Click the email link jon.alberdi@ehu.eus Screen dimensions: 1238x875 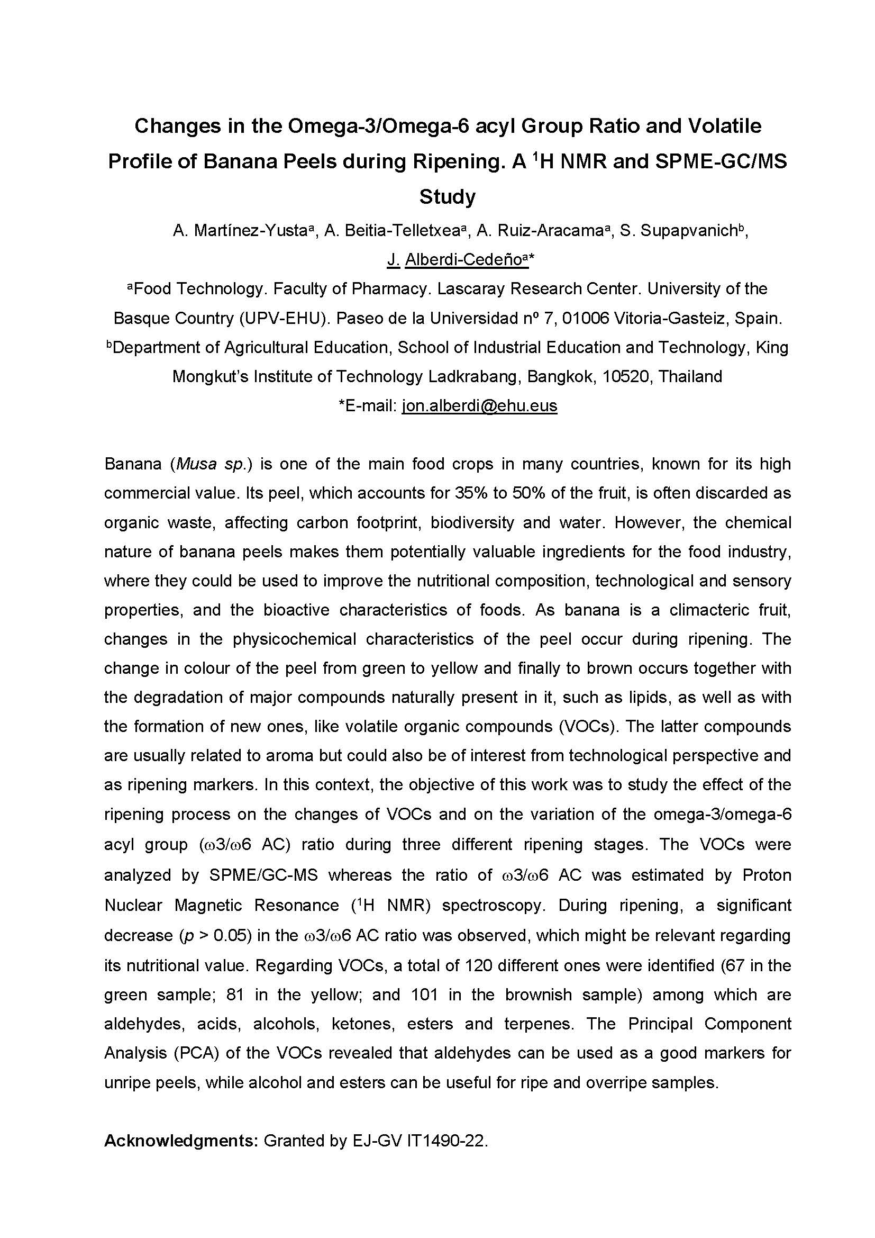click(x=479, y=405)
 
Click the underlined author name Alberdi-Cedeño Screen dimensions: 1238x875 click(x=463, y=260)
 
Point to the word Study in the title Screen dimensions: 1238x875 click(x=447, y=197)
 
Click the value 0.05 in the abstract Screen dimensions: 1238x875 click(x=230, y=936)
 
